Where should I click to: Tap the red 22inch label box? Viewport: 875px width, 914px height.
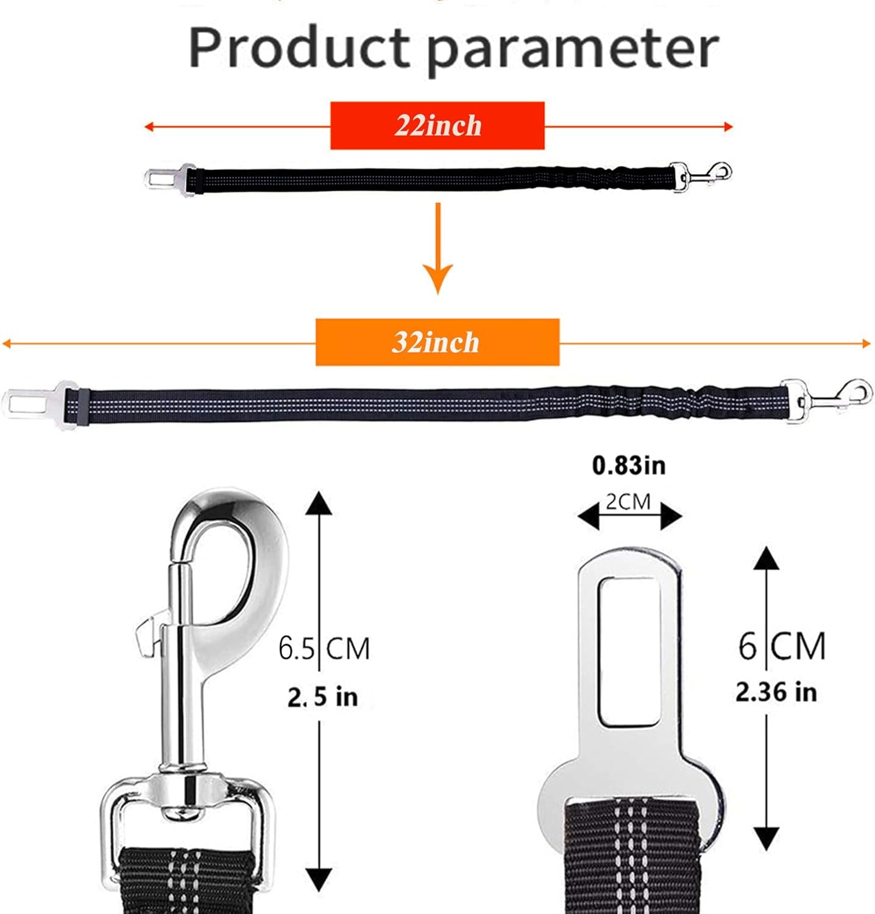click(437, 126)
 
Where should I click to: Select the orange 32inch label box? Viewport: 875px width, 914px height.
click(437, 342)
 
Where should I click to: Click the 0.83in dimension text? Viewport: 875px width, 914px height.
click(629, 466)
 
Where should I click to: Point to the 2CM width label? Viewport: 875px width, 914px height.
click(628, 501)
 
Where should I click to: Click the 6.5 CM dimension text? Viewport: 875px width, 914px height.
click(324, 648)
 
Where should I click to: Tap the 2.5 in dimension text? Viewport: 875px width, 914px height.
click(322, 696)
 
